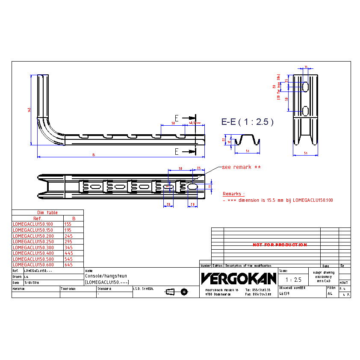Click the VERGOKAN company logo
coord(239,279)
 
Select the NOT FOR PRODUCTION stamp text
coord(280,245)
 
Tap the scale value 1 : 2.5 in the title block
coord(293,280)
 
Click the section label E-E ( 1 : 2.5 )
coord(247,122)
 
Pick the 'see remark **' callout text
coord(241,167)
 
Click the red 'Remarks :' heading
coord(234,194)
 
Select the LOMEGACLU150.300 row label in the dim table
coord(33,248)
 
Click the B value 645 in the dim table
coord(68,265)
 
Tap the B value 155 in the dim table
coord(68,224)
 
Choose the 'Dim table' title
coord(47,212)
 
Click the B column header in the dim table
coord(74,218)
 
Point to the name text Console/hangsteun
coord(106,276)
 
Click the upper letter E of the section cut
coord(177,118)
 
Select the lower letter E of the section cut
coord(177,151)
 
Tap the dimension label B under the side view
coord(94,155)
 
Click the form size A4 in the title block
coord(330,294)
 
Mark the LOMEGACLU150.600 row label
coord(33,265)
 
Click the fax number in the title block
coord(258,294)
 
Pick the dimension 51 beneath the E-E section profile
coord(248,151)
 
